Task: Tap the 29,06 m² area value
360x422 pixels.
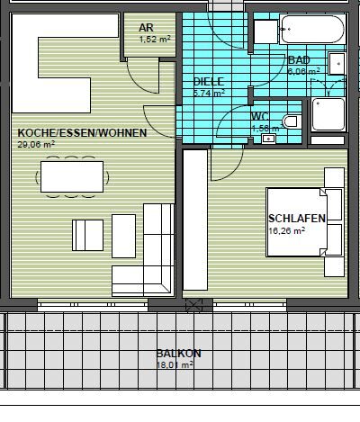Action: coord(35,143)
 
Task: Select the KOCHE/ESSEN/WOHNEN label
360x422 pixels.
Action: coord(68,131)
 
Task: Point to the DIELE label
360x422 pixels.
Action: coord(208,81)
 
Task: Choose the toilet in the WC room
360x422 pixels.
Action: coord(290,121)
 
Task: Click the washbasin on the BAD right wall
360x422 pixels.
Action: coord(337,65)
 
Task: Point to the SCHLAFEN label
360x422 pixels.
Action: coord(296,219)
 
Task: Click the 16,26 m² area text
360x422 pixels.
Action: coord(287,230)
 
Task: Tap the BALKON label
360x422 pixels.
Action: coord(175,354)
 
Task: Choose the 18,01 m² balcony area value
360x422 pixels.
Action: coord(175,364)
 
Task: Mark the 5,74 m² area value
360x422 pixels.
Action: coord(208,92)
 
